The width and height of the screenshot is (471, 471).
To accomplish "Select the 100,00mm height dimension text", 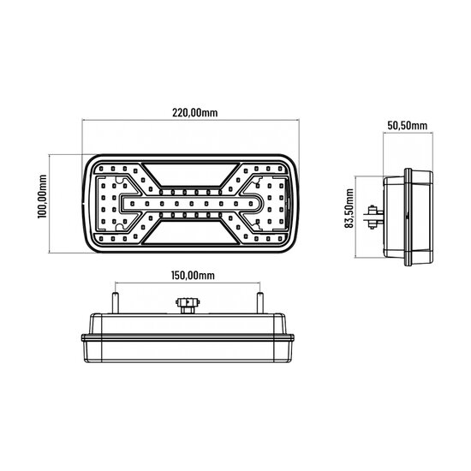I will [42, 205].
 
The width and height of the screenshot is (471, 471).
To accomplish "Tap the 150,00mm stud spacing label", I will [186, 275].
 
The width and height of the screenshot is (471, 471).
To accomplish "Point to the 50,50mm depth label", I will [407, 125].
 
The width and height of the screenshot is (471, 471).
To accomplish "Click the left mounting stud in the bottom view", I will [112, 301].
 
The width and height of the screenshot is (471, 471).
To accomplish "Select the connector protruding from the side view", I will [374, 216].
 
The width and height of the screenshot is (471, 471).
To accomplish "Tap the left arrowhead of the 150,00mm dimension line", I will [115, 286].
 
